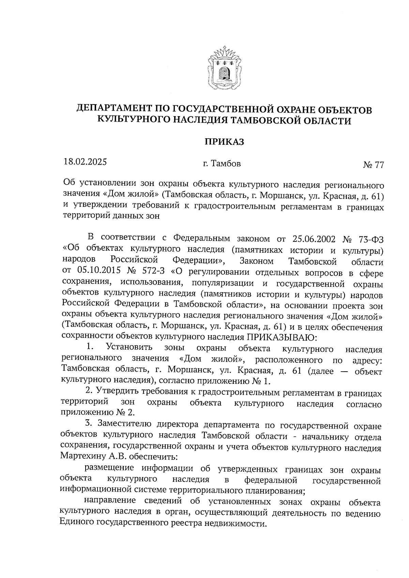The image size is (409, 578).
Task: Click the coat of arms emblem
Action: coord(224,68)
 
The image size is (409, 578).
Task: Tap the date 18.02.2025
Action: coord(85,161)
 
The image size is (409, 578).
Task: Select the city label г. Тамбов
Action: coord(222,164)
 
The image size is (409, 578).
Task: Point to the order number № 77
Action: coord(374,165)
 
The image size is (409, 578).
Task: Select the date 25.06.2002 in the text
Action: coord(313,238)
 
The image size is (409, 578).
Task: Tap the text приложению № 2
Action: coord(97,412)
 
